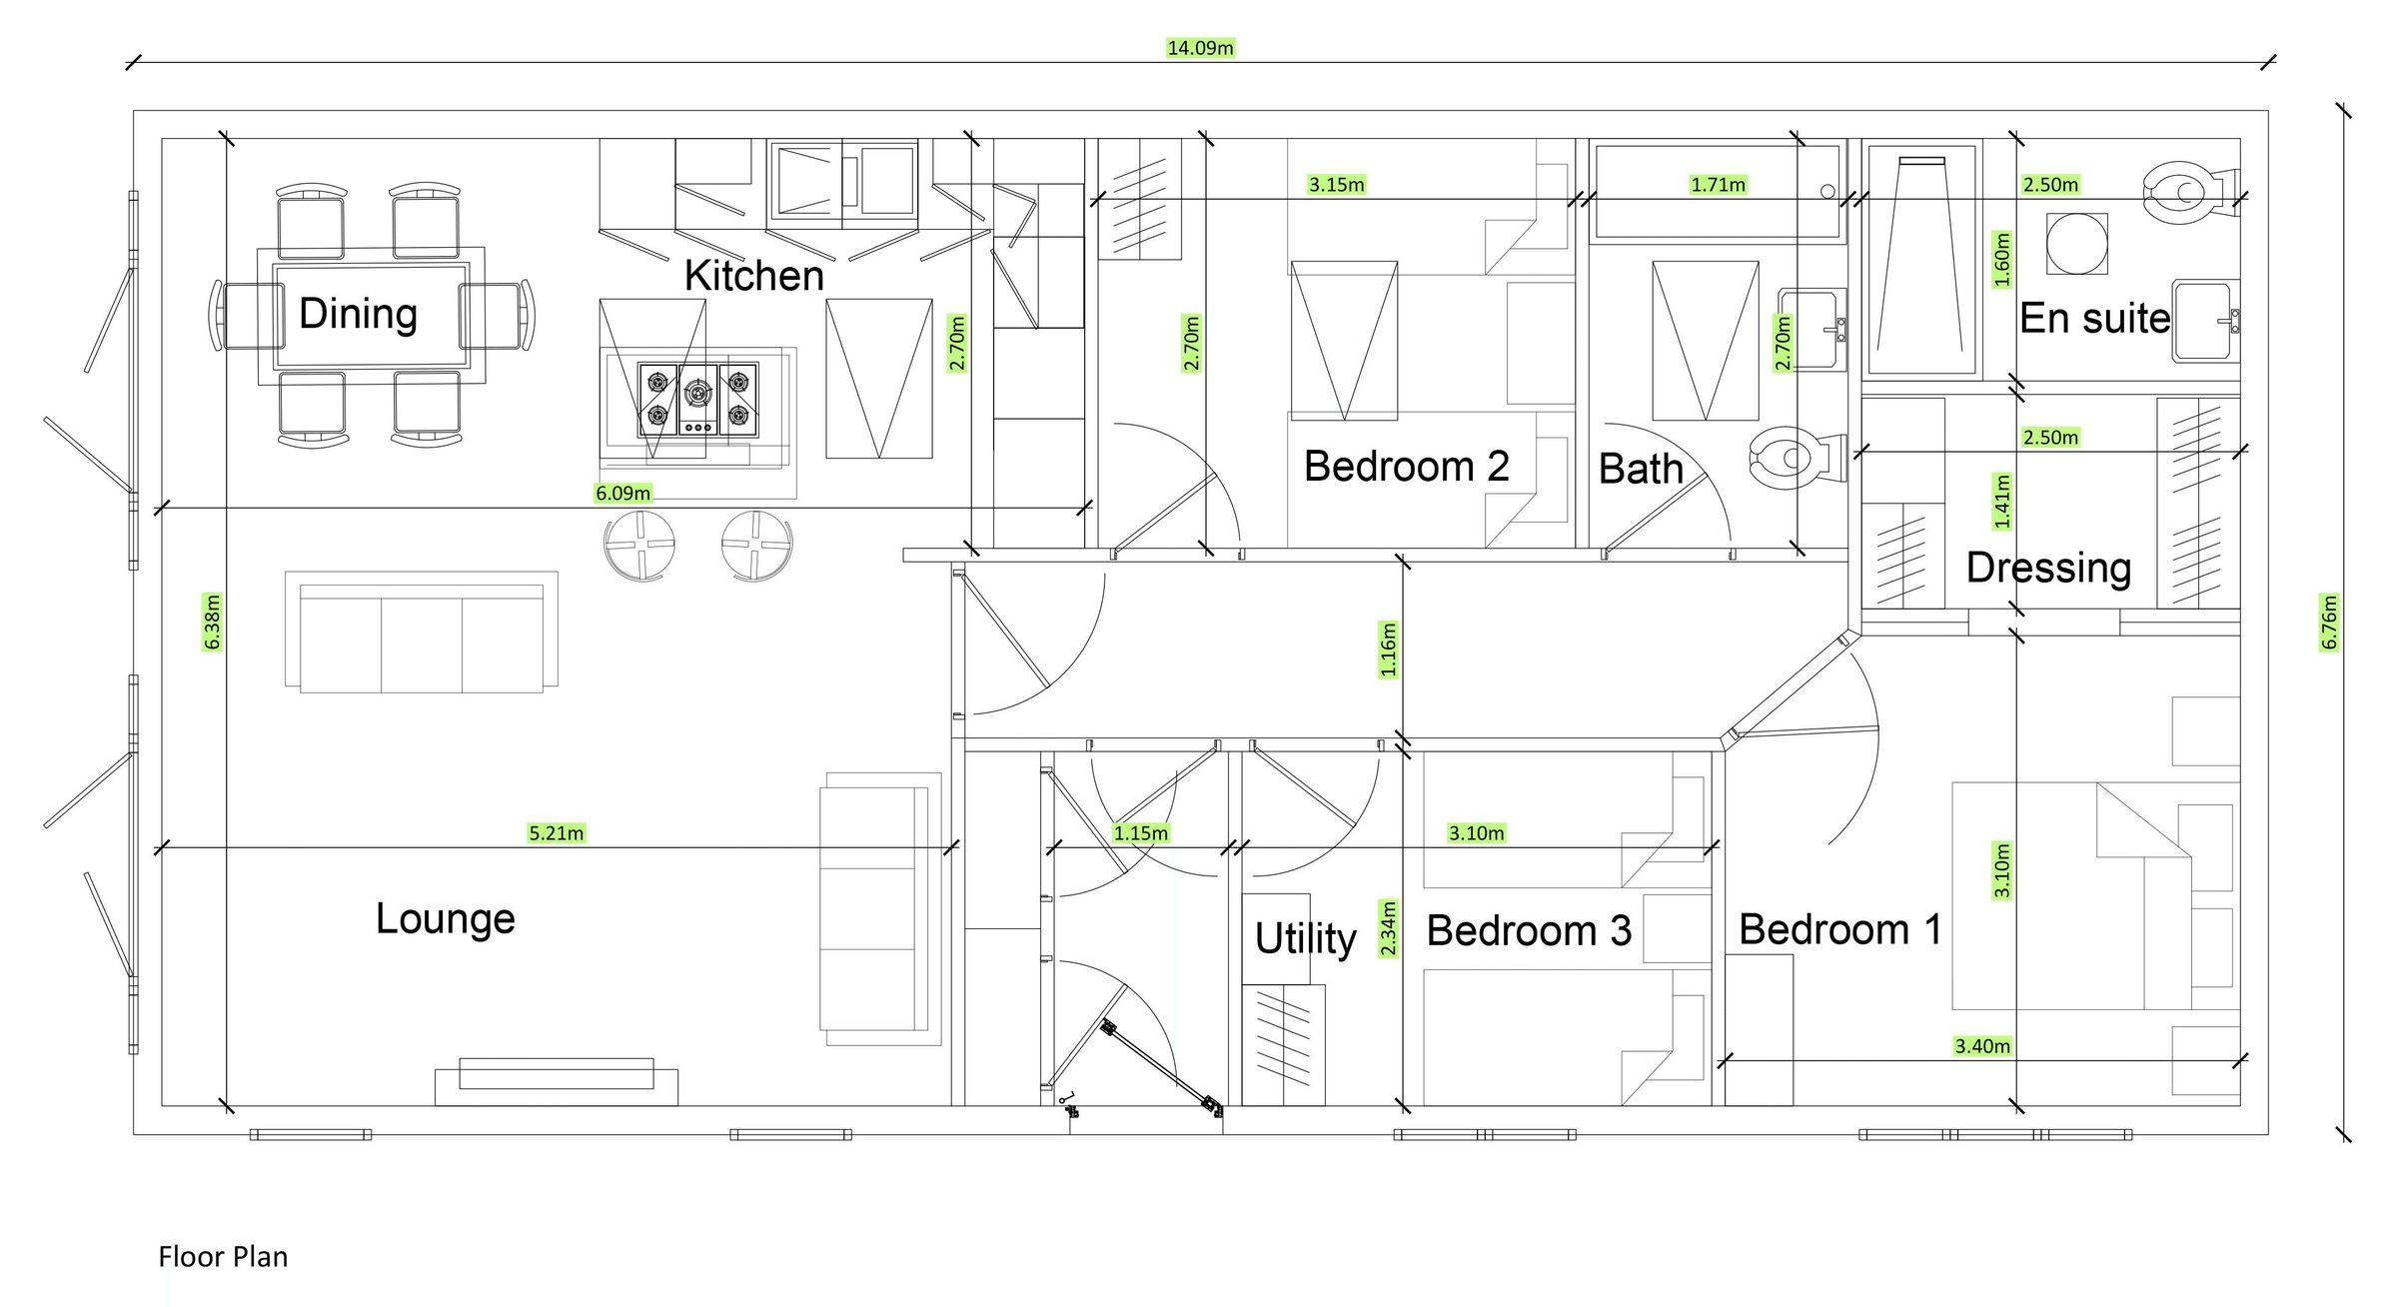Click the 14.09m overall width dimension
(1200, 48)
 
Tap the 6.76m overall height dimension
(2329, 622)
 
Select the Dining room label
(358, 314)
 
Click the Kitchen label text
(753, 276)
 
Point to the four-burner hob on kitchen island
(697, 400)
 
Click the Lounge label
(445, 918)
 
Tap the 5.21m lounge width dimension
(556, 833)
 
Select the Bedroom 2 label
(1406, 467)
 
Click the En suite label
(2094, 319)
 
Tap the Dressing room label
(2048, 568)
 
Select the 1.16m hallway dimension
(1388, 650)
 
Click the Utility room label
(1305, 938)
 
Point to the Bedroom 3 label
(1528, 931)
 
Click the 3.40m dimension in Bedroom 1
(1982, 1046)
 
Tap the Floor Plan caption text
(223, 1257)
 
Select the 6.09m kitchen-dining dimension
(622, 494)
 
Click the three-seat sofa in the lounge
(421, 633)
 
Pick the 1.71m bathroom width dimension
(1718, 185)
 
